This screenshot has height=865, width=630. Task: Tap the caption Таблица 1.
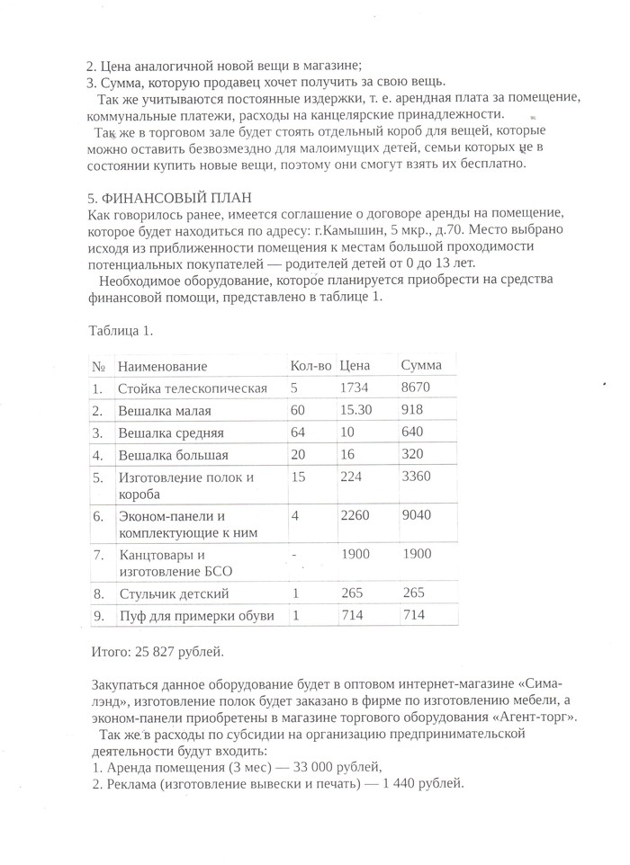(121, 330)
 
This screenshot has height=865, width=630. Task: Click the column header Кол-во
(310, 367)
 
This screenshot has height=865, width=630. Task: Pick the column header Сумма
(420, 367)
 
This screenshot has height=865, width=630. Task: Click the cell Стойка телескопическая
(193, 388)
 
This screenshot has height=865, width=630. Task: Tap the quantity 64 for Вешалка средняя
(299, 432)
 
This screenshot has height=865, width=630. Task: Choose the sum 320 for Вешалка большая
(413, 454)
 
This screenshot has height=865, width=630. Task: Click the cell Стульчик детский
(174, 594)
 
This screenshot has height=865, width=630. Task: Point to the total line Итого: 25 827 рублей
(157, 650)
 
